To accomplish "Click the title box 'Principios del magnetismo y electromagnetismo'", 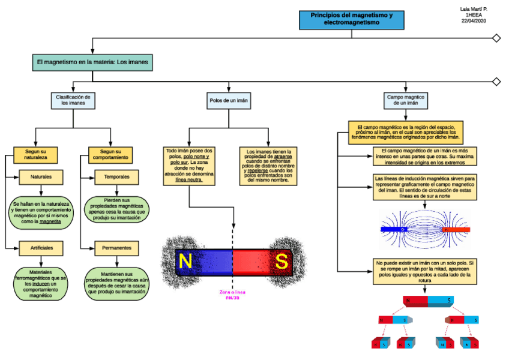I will tap(351, 19).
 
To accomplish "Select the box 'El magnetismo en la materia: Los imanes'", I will tap(92, 62).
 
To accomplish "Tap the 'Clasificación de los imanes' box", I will tap(73, 100).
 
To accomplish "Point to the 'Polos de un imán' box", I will tap(229, 100).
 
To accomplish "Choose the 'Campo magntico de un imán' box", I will tap(405, 100).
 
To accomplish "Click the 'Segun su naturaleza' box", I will tap(35, 155).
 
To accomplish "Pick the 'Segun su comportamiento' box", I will tap(110, 155).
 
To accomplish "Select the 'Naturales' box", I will tap(41, 178).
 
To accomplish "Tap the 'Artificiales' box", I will tap(41, 248).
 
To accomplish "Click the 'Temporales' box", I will tap(116, 178).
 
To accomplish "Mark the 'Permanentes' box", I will tap(116, 248).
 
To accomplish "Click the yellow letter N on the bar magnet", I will tap(185, 261).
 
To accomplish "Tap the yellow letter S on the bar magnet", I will tap(281, 261).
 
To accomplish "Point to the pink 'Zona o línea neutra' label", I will tap(232, 295).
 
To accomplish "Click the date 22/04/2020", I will tap(473, 22).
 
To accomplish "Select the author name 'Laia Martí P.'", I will tap(473, 9).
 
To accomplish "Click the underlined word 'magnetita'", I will tap(50, 221).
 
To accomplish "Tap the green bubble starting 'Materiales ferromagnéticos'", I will tap(41, 284).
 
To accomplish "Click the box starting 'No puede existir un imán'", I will tap(425, 272).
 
